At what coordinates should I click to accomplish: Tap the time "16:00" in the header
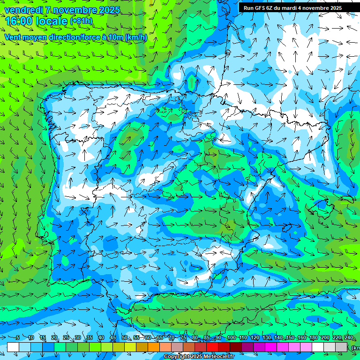(x=19, y=21)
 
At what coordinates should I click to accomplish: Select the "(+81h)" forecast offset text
(x=81, y=21)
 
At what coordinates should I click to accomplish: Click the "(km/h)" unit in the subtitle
(x=136, y=37)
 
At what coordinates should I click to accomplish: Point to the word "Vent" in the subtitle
(x=13, y=37)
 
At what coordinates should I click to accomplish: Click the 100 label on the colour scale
(x=231, y=337)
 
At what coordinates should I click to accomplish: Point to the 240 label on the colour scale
(x=349, y=337)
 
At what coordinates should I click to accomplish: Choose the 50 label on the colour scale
(x=125, y=337)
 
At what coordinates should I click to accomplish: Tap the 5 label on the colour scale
(x=18, y=337)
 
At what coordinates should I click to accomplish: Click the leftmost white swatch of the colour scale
(x=13, y=347)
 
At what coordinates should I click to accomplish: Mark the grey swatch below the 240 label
(x=341, y=347)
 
